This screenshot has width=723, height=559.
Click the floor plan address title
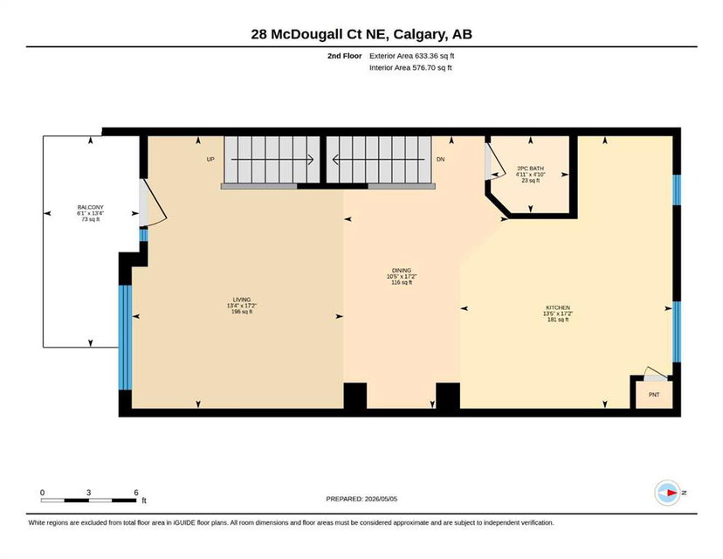pyautogui.click(x=361, y=34)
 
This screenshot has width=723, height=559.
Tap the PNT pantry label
pyautogui.click(x=654, y=395)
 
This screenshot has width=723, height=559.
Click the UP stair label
pyautogui.click(x=210, y=159)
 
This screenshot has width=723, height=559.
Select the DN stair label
pyautogui.click(x=440, y=159)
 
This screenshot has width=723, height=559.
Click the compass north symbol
pyautogui.click(x=668, y=493)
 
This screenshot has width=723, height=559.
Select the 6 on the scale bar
pyautogui.click(x=136, y=493)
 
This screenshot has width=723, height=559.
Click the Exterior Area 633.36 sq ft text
pyautogui.click(x=412, y=56)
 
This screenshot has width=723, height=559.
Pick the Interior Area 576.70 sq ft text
pyautogui.click(x=410, y=68)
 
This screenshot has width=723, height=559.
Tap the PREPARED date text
pyautogui.click(x=361, y=499)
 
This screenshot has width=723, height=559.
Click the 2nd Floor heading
pyautogui.click(x=344, y=56)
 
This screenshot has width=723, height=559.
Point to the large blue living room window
pyautogui.click(x=125, y=338)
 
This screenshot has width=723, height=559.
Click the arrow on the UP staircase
pyautogui.click(x=272, y=160)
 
